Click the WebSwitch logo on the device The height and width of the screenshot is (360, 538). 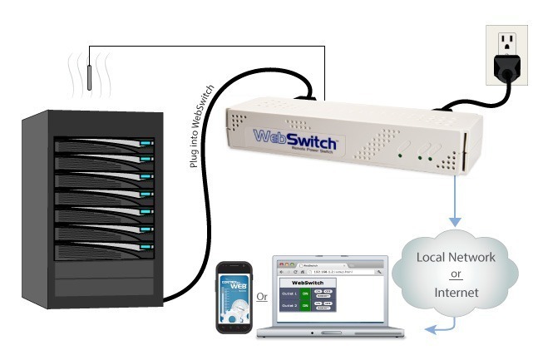[x=290, y=136]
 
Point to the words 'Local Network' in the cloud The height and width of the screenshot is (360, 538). [x=456, y=257]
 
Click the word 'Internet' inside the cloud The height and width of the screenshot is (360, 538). [x=456, y=293]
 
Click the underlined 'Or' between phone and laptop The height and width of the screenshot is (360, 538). [x=260, y=295]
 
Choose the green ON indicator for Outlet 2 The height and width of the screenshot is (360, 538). [x=305, y=305]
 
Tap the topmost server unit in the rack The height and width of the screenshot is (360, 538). [x=105, y=146]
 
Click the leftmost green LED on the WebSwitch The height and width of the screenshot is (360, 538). [x=401, y=155]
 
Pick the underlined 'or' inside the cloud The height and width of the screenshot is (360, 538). [x=456, y=274]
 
